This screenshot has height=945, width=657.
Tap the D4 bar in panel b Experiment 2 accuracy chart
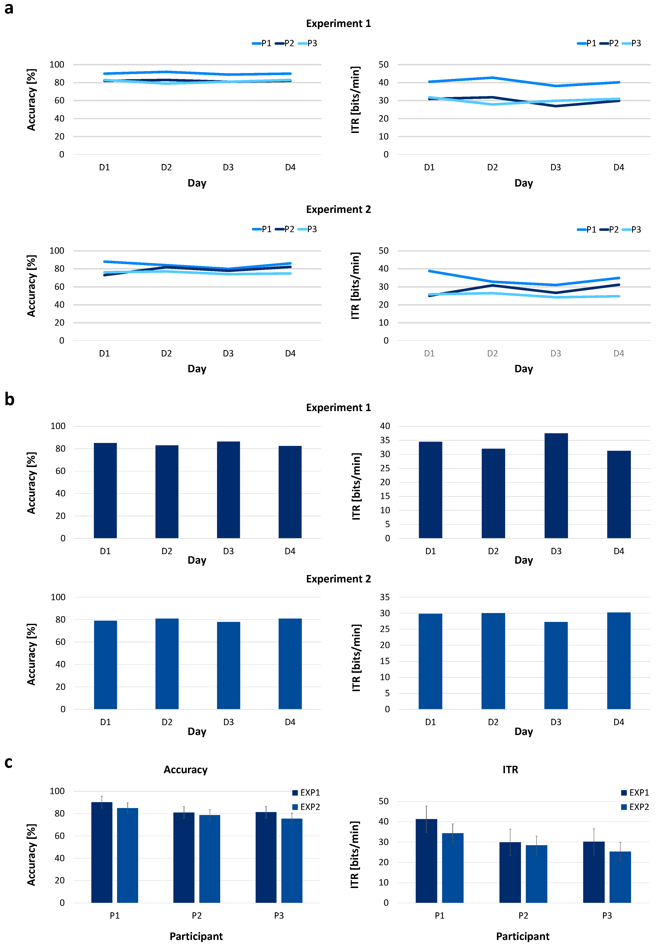[x=290, y=664]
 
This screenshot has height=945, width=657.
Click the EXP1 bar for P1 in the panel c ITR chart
[x=426, y=861]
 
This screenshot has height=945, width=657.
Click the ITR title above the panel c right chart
[x=510, y=770]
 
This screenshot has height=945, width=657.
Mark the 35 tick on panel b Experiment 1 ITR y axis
[x=385, y=440]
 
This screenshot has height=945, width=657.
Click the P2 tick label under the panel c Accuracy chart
[x=197, y=916]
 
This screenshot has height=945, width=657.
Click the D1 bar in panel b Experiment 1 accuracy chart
[x=105, y=491]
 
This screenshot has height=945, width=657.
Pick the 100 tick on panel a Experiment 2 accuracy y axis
[x=57, y=251]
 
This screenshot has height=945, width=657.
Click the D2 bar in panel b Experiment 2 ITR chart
[x=493, y=661]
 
